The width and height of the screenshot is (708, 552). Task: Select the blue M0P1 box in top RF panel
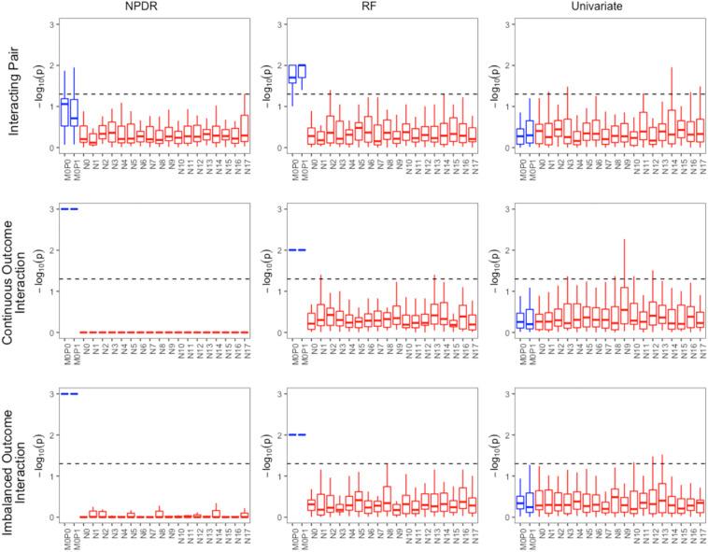(x=301, y=71)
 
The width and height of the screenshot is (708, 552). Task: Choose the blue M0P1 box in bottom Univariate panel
(x=530, y=503)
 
